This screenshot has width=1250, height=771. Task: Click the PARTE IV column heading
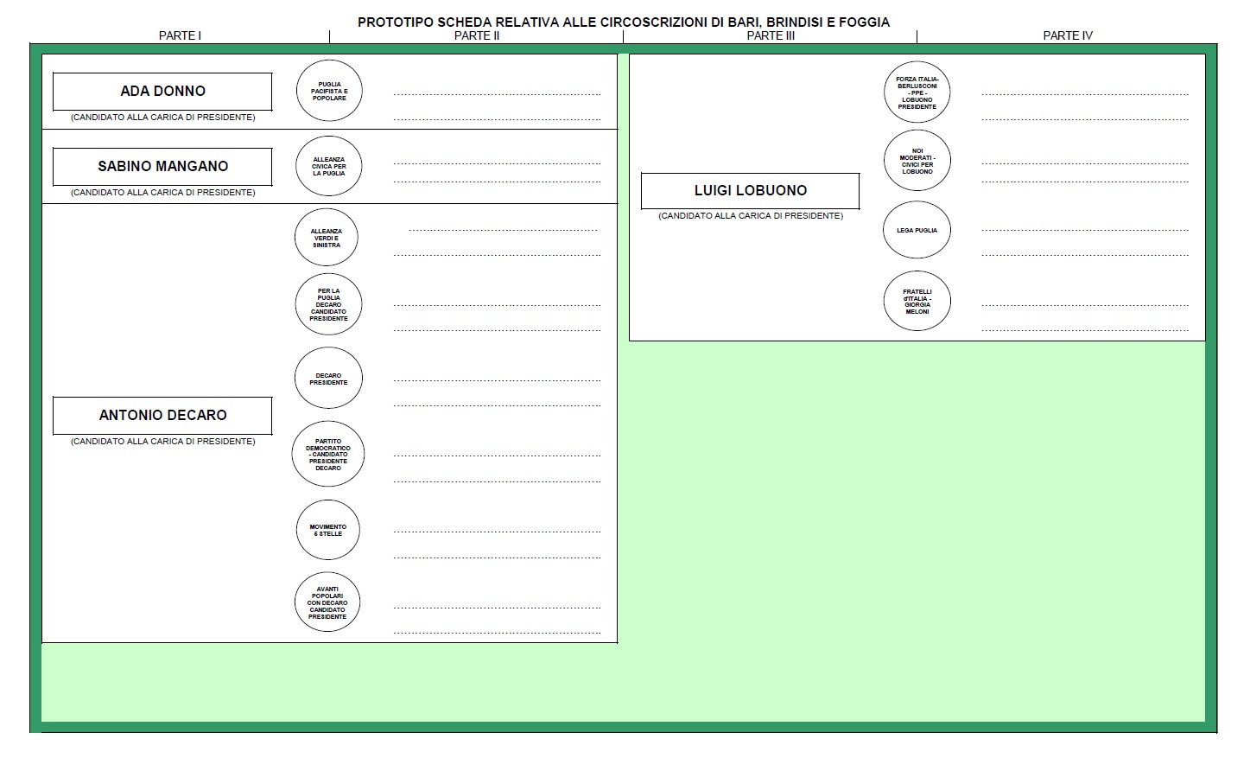(x=1068, y=35)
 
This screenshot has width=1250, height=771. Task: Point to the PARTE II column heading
(x=477, y=35)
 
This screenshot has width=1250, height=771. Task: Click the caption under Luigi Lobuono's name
(x=751, y=216)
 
